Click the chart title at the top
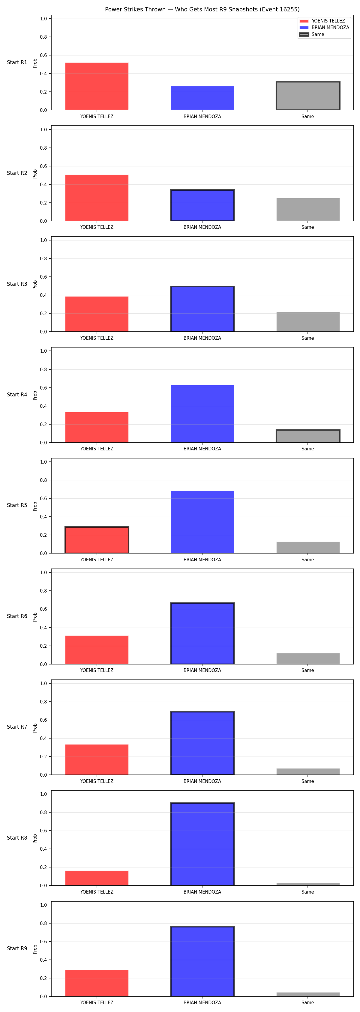202,9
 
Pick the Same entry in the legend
312,34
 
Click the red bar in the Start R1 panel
97,86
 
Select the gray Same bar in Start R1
308,96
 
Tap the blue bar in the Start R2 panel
202,205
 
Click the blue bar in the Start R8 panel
202,844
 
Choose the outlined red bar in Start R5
97,540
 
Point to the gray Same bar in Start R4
308,436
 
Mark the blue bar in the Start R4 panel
202,414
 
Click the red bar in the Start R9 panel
97,983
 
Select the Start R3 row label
17,284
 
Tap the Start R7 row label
17,727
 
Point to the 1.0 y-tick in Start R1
43,19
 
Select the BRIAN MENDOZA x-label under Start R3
202,338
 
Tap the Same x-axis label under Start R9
308,1003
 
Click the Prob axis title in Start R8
35,839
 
